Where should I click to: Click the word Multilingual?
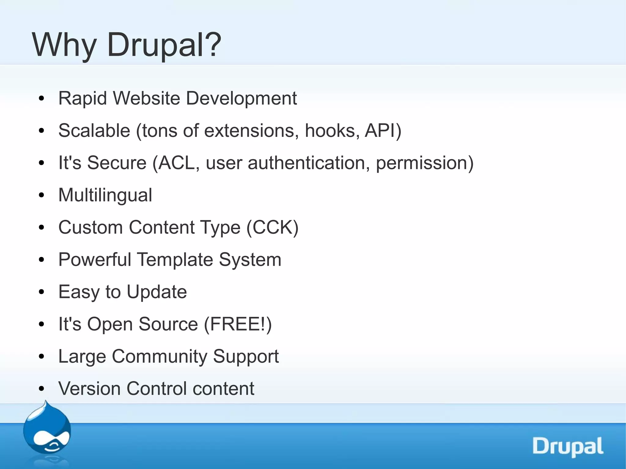pos(105,195)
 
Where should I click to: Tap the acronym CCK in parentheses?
pos(272,227)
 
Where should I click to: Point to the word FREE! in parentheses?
pos(237,324)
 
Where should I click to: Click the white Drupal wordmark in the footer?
pos(568,446)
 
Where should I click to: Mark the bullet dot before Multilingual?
pos(42,195)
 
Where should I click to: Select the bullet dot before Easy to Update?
pos(42,292)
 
